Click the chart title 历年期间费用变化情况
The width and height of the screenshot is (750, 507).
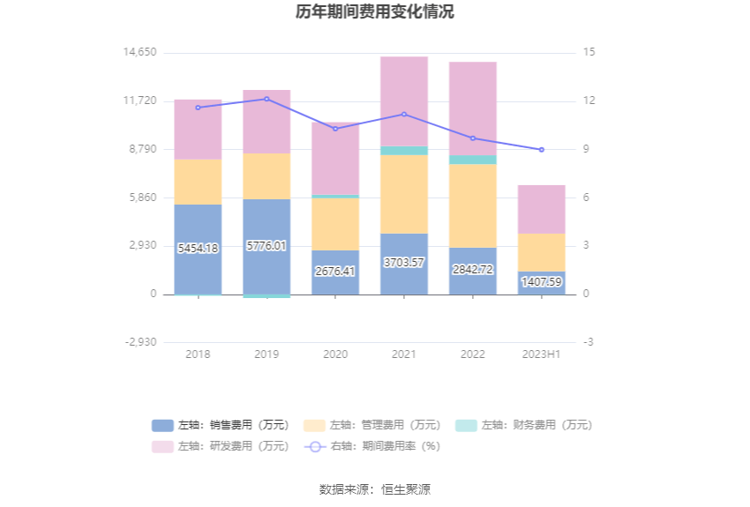(375, 12)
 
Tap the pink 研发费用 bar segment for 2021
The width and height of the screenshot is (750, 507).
(404, 101)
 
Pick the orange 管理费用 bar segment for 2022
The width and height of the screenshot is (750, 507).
(473, 205)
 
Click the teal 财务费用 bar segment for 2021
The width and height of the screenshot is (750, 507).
(404, 151)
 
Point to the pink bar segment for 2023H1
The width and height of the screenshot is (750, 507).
(542, 209)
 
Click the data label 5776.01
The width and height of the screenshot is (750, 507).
(267, 246)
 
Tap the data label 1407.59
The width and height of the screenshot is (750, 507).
(542, 282)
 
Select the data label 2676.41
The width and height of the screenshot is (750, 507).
(335, 271)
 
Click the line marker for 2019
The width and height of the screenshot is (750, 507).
(266, 99)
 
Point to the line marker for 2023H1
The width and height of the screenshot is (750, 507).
(542, 150)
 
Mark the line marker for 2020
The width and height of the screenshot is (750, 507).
(335, 129)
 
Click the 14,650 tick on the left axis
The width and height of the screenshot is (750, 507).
(140, 52)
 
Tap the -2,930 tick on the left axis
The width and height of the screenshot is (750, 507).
(141, 342)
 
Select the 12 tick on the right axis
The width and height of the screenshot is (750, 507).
(589, 101)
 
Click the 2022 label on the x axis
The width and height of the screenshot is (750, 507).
(473, 354)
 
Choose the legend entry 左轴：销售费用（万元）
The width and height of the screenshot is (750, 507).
(221, 425)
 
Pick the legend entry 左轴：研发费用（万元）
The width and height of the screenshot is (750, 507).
(221, 446)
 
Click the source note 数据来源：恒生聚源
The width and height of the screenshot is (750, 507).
(375, 489)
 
